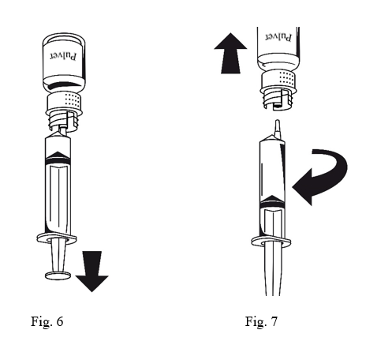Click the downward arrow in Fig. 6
(91, 271)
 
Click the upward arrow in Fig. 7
(230, 53)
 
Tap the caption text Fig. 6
(47, 321)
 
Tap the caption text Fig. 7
(261, 321)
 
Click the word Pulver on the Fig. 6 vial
(64, 56)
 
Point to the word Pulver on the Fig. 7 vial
(278, 37)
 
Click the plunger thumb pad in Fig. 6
(58, 276)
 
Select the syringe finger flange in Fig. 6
(57, 238)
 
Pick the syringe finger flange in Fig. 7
(271, 242)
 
